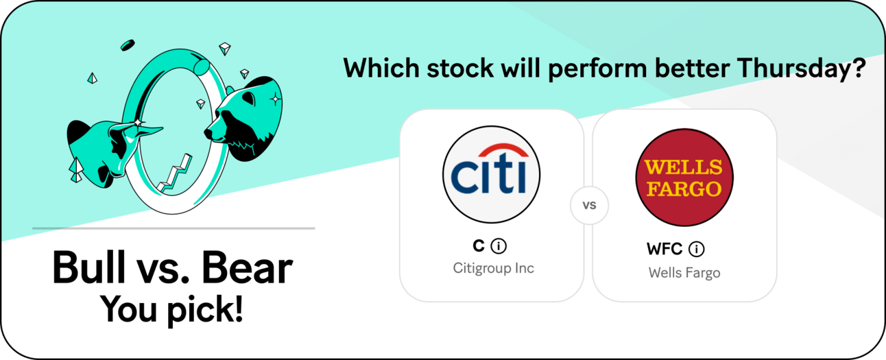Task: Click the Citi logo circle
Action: (491, 174)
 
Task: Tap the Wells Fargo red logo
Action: (684, 177)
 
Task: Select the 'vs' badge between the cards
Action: (589, 205)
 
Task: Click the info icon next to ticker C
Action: (499, 246)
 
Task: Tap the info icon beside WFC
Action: (697, 249)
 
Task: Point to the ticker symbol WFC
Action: (664, 249)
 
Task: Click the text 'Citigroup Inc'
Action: (493, 268)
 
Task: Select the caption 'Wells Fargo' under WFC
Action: (684, 273)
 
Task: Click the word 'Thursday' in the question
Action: (795, 69)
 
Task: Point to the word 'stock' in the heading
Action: (460, 68)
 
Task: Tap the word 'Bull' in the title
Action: (88, 268)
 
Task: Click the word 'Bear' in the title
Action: (247, 268)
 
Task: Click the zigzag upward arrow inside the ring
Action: (175, 174)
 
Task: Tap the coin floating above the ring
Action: (128, 45)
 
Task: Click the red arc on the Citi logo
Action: (503, 151)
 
